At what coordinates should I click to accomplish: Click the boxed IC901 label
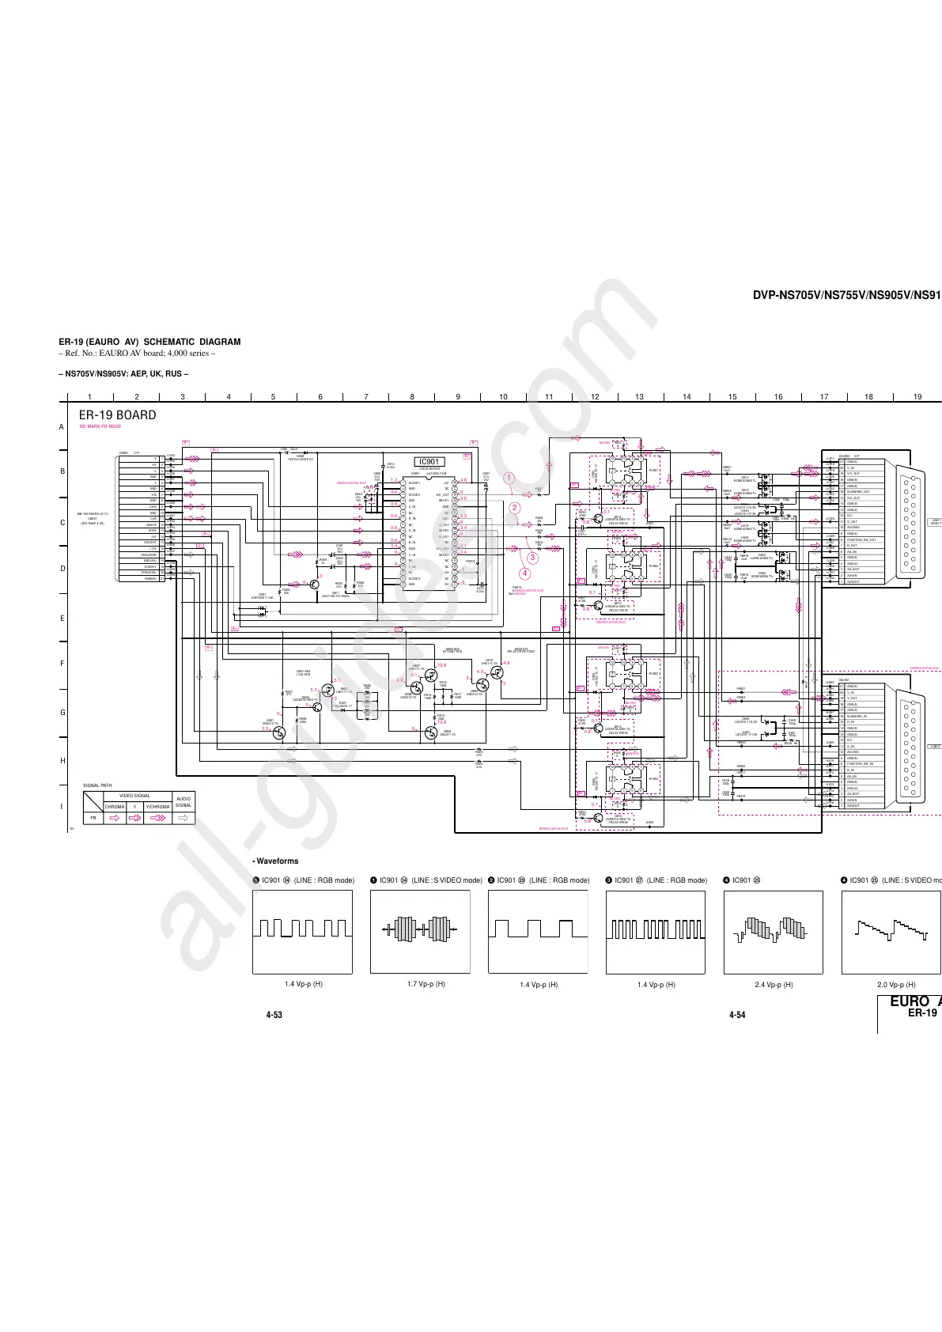pyautogui.click(x=429, y=462)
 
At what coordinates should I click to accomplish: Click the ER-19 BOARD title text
pyautogui.click(x=117, y=415)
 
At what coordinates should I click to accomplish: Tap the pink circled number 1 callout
pyautogui.click(x=509, y=478)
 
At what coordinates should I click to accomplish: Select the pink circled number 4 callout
pyautogui.click(x=524, y=573)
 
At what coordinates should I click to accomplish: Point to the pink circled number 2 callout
pyautogui.click(x=514, y=508)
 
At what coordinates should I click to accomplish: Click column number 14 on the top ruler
pyautogui.click(x=687, y=397)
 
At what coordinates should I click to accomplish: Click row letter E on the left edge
pyautogui.click(x=62, y=619)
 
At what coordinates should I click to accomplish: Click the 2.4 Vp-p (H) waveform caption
pyautogui.click(x=774, y=985)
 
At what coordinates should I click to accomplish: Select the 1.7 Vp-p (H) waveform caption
pyautogui.click(x=419, y=984)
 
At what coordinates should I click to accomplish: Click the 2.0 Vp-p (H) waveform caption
pyautogui.click(x=896, y=985)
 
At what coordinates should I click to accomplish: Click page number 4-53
pyautogui.click(x=274, y=1015)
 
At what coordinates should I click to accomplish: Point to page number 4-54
pyautogui.click(x=736, y=1015)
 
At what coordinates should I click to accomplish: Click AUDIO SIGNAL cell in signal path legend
pyautogui.click(x=183, y=802)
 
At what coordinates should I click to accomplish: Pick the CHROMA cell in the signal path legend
pyautogui.click(x=115, y=807)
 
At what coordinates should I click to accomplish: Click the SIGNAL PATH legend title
pyautogui.click(x=97, y=785)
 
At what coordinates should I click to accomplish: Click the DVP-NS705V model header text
pyautogui.click(x=846, y=295)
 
